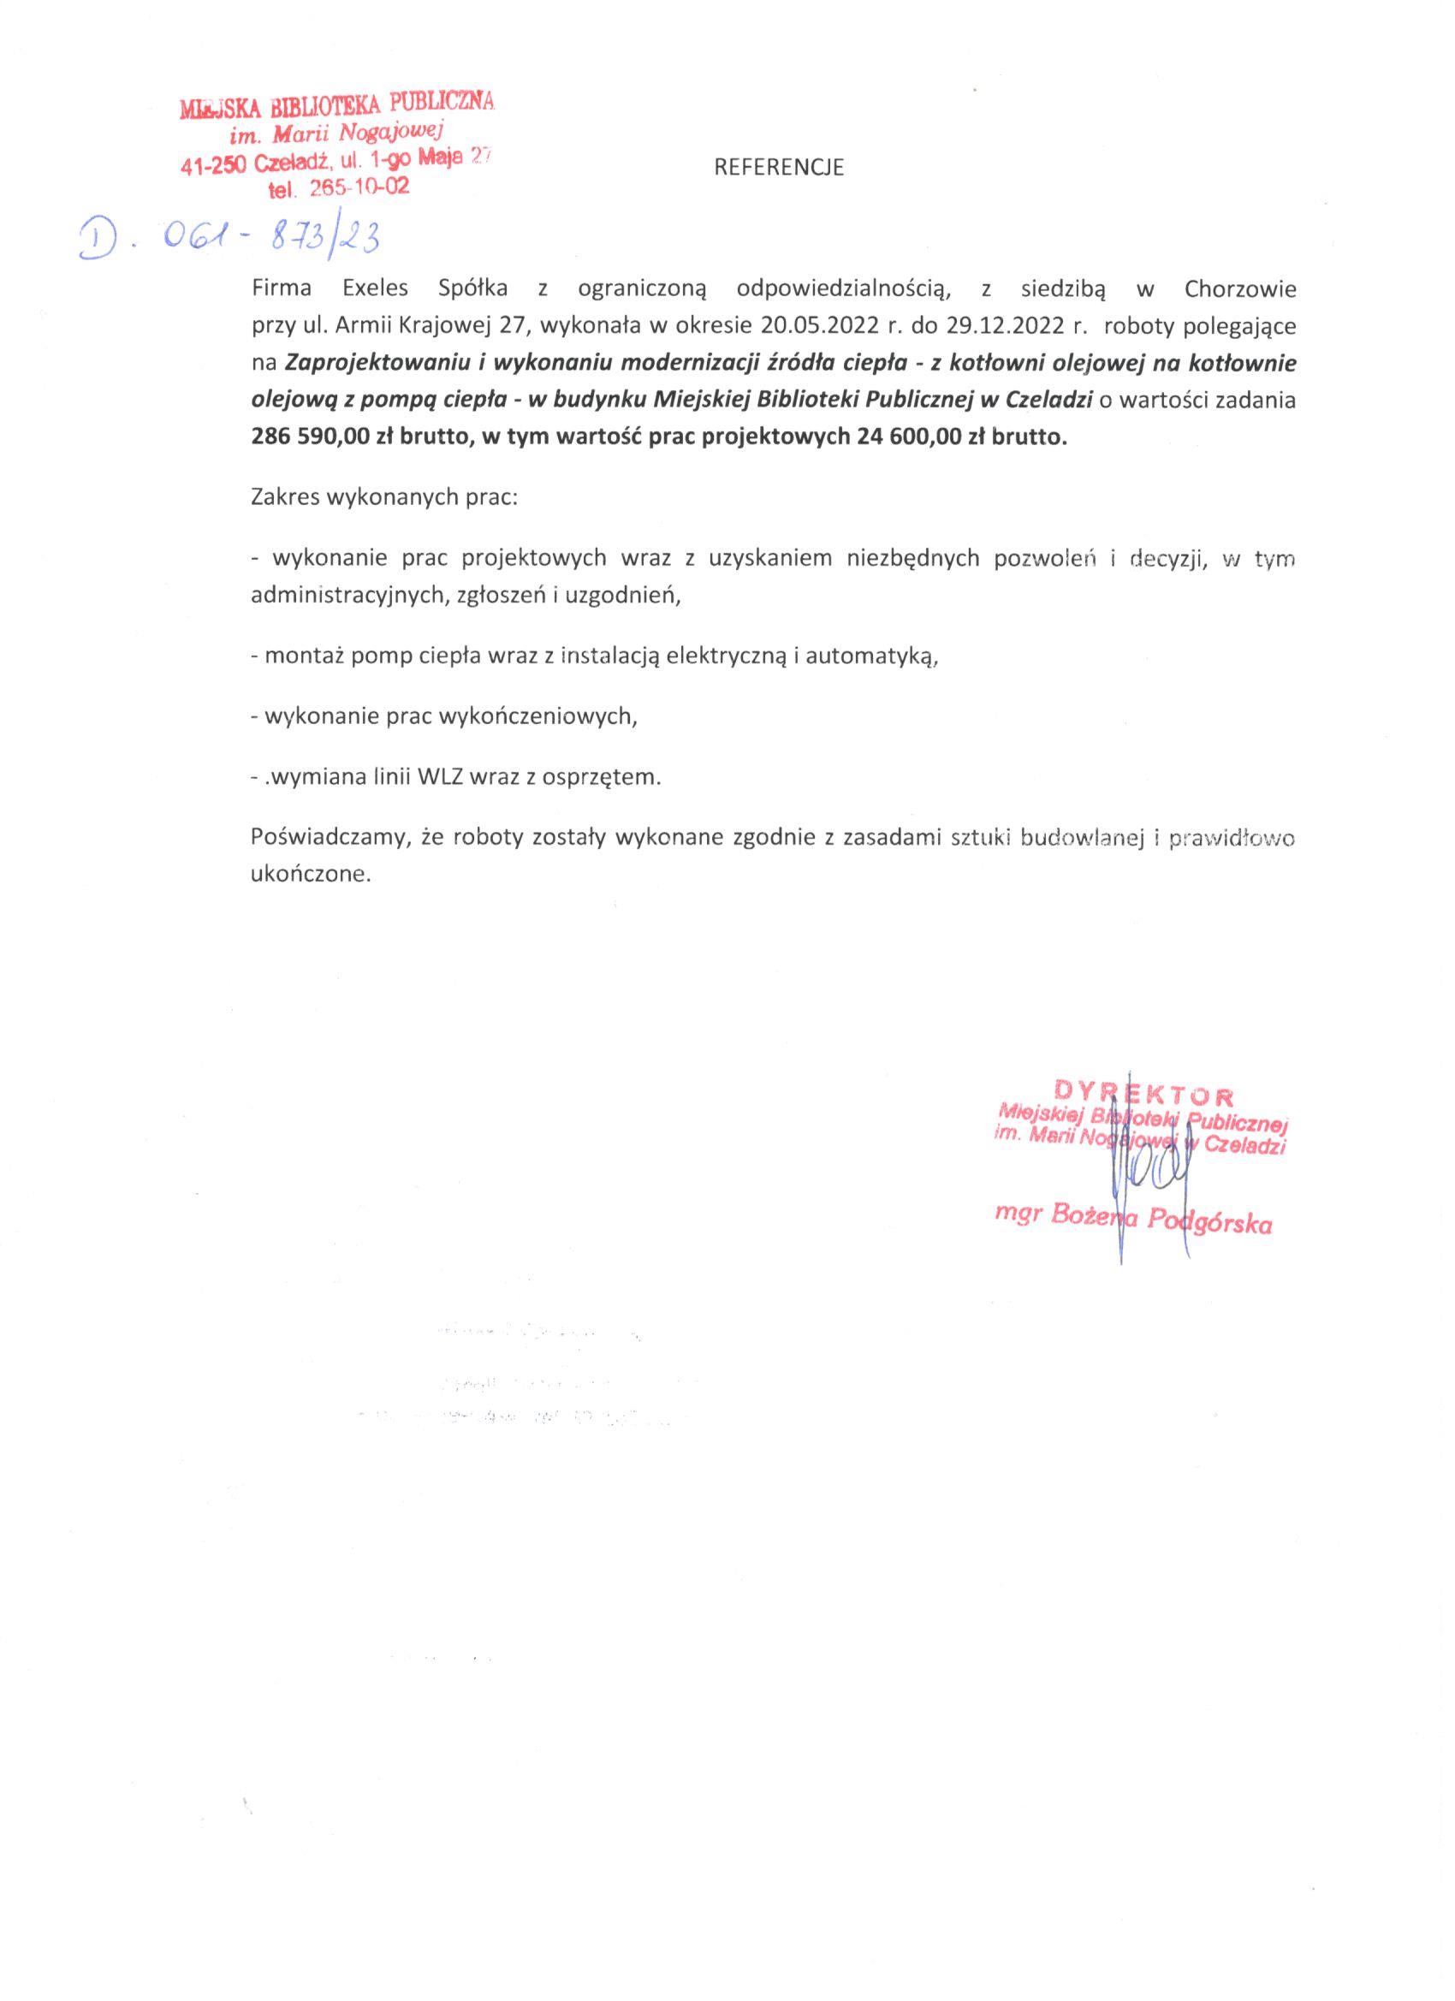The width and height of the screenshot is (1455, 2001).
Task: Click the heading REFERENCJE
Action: [x=778, y=169]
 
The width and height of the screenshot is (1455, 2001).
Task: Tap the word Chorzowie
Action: [x=1240, y=289]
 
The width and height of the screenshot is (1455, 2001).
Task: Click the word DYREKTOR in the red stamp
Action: [x=1143, y=1097]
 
